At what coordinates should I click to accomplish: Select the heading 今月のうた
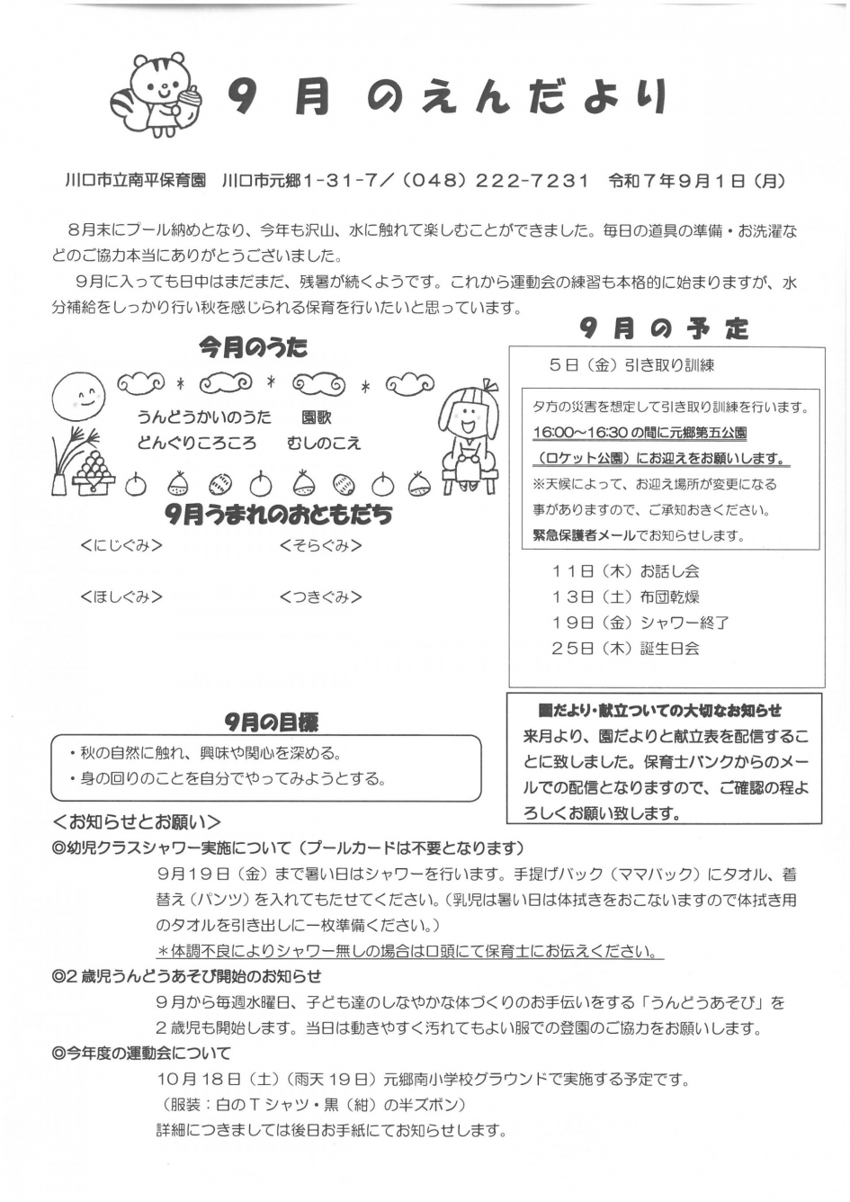(x=253, y=347)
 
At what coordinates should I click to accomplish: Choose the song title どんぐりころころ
(x=197, y=443)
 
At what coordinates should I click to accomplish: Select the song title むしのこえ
(x=324, y=443)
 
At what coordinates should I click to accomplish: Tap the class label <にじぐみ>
(x=121, y=545)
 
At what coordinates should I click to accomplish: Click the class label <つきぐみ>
(x=320, y=597)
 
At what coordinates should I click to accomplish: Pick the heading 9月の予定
(x=664, y=329)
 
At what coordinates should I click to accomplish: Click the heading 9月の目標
(x=271, y=722)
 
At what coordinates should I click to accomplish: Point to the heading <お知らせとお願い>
(x=137, y=821)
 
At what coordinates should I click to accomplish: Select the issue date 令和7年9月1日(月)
(x=696, y=180)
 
